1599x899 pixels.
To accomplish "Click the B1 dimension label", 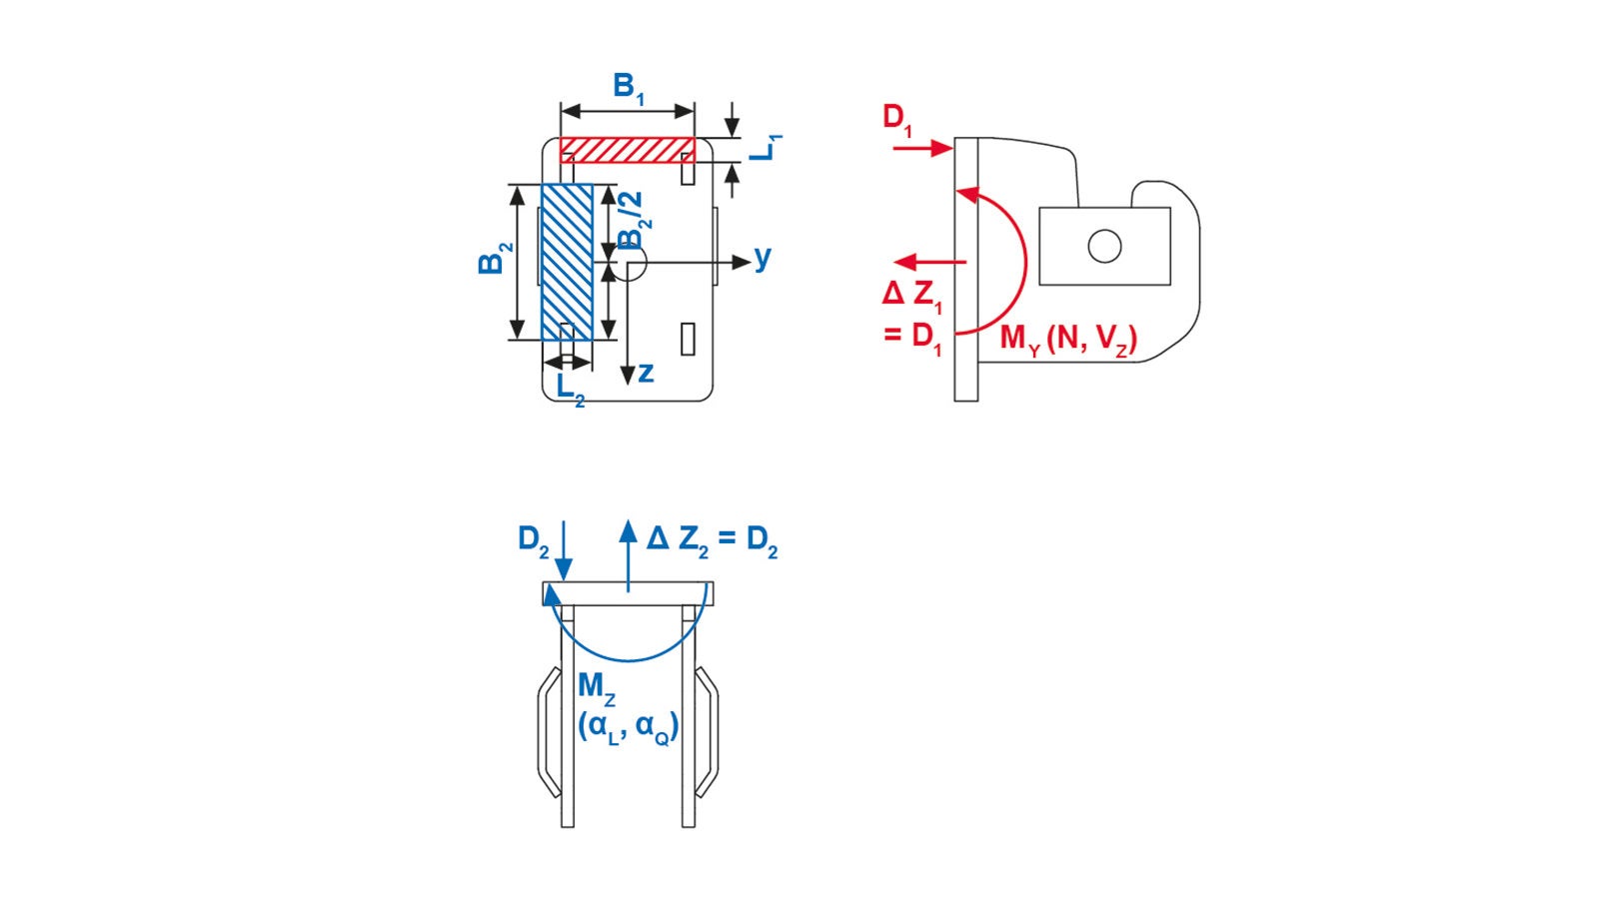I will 628,88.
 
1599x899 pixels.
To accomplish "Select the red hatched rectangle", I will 627,150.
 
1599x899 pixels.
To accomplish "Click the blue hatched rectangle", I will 567,262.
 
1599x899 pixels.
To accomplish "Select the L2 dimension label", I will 570,388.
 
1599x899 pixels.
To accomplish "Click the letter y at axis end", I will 763,257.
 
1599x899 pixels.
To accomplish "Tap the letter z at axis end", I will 646,373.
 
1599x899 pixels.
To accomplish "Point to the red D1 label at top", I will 896,119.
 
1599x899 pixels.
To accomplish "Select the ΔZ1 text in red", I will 911,295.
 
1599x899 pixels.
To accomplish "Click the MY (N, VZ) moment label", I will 1068,340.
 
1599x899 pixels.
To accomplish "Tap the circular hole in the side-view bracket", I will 1104,246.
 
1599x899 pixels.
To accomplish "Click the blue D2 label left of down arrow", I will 533,540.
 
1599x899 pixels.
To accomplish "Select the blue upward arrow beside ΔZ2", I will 628,554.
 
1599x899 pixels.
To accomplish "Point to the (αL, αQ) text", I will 628,727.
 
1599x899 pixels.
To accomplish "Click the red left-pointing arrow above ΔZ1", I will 929,262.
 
